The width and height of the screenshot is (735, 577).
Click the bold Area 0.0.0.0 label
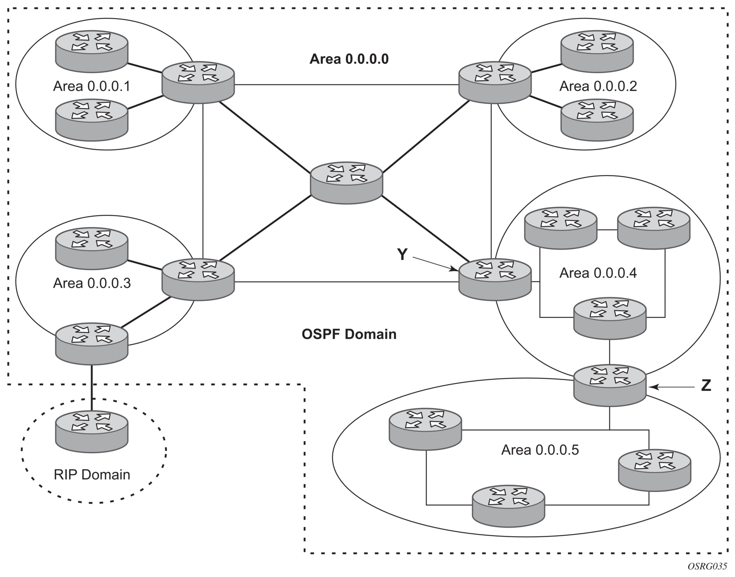(x=349, y=59)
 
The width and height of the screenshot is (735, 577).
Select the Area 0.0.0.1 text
(x=91, y=86)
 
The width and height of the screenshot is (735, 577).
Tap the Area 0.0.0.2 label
(x=598, y=86)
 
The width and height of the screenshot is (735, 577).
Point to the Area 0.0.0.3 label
(x=92, y=283)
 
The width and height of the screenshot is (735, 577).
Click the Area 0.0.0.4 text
(x=598, y=273)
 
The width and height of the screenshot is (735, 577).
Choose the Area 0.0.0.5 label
(x=540, y=450)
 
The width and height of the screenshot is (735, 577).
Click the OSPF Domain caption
(x=349, y=334)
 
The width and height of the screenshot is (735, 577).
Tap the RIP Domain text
(x=92, y=474)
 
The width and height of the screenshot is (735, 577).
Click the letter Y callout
(x=402, y=255)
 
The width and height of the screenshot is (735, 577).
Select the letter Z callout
(x=706, y=386)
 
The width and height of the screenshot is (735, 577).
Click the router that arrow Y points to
(x=495, y=280)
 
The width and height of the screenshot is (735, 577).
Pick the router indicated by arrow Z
(x=609, y=385)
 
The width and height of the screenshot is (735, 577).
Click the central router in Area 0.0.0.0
(x=346, y=183)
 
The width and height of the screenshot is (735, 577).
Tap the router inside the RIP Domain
(x=91, y=431)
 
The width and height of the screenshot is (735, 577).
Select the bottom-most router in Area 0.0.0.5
(x=508, y=505)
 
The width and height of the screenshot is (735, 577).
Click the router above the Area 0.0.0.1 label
(x=91, y=50)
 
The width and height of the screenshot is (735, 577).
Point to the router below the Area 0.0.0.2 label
(x=597, y=119)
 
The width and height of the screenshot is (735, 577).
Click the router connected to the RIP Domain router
(x=91, y=343)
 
